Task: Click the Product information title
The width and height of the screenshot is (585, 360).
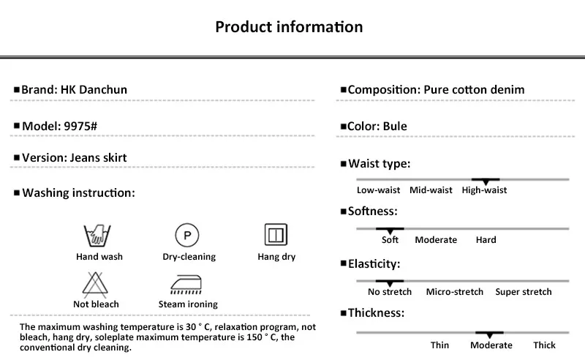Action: click(x=289, y=27)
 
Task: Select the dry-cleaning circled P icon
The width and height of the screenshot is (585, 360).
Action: click(x=188, y=236)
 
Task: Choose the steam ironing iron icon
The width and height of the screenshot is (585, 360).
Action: click(x=188, y=284)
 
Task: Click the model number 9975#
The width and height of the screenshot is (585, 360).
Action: click(x=80, y=125)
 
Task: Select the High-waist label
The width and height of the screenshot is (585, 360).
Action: click(x=484, y=190)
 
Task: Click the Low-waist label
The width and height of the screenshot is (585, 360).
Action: click(x=378, y=190)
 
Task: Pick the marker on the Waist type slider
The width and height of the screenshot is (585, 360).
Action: click(x=485, y=180)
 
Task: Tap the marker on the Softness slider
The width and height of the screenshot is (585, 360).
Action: click(x=390, y=230)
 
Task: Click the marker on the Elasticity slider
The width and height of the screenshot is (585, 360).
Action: click(x=390, y=282)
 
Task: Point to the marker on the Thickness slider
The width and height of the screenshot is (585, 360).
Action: click(x=489, y=334)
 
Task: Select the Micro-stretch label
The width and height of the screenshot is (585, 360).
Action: click(x=454, y=292)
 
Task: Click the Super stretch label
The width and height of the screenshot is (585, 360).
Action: click(x=523, y=292)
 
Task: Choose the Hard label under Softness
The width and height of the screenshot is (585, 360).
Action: click(x=486, y=240)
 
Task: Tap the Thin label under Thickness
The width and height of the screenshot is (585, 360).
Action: click(x=439, y=345)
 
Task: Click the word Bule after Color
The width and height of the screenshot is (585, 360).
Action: click(x=395, y=126)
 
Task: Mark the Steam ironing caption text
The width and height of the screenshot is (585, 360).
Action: click(x=188, y=304)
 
